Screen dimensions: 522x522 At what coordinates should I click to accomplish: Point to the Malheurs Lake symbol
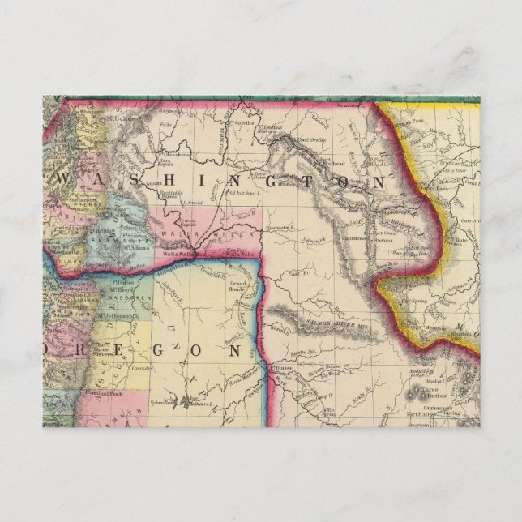pyautogui.click(x=186, y=400)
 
